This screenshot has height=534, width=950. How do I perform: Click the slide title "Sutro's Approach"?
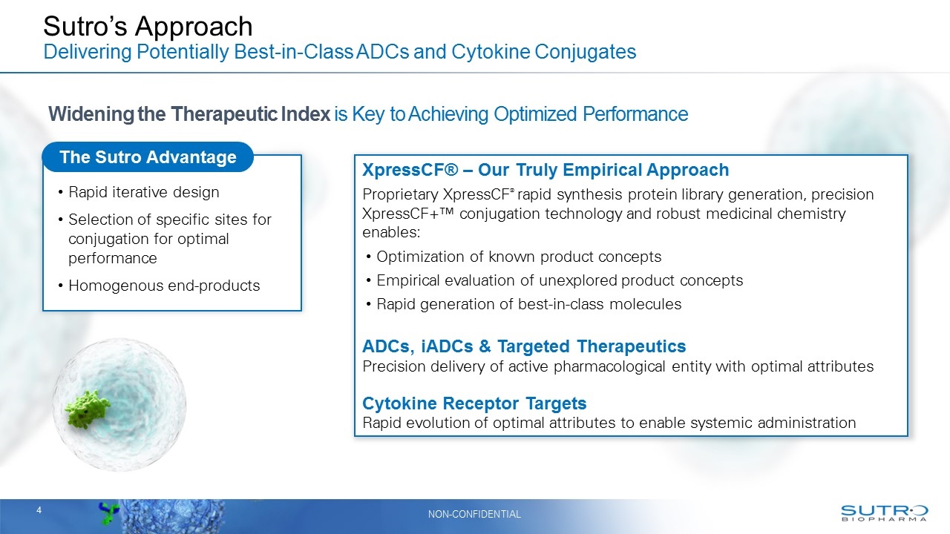tap(148, 27)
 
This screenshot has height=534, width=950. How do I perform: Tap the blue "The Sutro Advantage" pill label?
tap(148, 157)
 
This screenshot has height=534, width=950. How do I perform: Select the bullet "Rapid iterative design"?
tap(143, 192)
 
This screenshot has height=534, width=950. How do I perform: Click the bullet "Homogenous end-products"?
tap(164, 286)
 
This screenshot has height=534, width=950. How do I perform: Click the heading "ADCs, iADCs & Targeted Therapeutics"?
tap(523, 346)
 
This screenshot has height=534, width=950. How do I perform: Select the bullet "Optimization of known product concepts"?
tap(518, 257)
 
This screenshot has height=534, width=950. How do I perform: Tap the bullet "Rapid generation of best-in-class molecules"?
tap(528, 304)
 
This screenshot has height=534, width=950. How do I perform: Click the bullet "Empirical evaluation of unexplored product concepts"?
tap(560, 280)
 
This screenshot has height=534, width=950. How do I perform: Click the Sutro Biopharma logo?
tap(884, 513)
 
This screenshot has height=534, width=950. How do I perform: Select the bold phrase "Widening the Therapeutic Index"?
tap(189, 114)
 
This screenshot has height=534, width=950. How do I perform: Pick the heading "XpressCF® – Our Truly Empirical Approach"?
tap(545, 170)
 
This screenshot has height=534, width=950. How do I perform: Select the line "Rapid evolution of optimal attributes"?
tap(609, 423)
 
